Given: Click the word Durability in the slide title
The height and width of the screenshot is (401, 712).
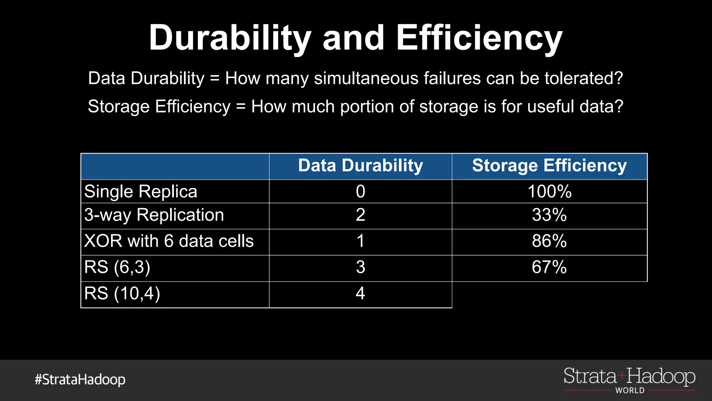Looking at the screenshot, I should (230, 38).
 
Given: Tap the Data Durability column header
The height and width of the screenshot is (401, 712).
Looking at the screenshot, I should (361, 166).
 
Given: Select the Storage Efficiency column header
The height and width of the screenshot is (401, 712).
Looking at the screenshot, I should (549, 166).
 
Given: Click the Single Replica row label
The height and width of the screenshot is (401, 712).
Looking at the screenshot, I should (141, 191).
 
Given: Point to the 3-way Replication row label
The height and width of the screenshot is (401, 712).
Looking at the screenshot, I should (154, 215).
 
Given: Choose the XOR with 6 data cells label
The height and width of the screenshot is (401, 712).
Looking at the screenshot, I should (169, 241).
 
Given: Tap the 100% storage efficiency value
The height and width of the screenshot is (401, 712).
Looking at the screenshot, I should (549, 191).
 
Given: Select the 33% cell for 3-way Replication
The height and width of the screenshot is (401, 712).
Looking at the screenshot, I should (549, 215).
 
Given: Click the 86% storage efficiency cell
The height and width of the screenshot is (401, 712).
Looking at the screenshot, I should (549, 241).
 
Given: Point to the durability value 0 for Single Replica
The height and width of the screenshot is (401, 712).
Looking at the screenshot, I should (361, 191).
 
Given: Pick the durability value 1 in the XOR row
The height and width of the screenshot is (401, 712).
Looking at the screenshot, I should (361, 241).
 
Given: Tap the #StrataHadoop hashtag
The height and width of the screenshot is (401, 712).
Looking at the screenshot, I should (80, 379).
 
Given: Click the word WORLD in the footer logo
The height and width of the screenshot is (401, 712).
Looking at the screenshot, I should (630, 391).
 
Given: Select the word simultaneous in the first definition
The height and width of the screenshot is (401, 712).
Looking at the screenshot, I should (366, 78).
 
